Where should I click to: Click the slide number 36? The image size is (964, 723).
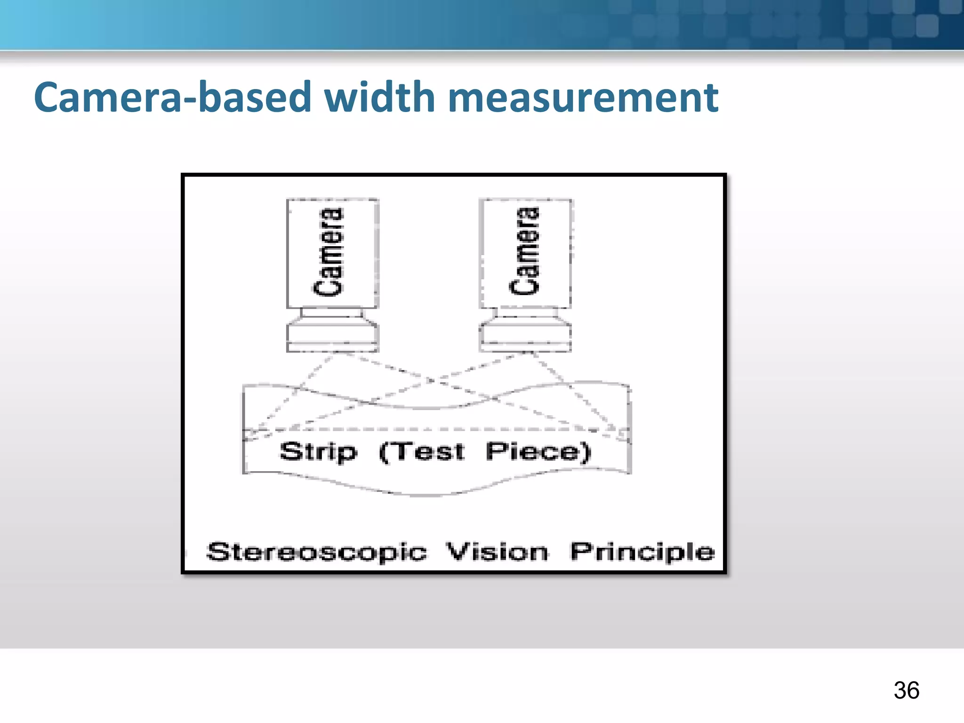[x=906, y=691]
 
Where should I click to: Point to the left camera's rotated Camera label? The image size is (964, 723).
[x=329, y=252]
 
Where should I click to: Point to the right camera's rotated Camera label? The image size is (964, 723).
[x=524, y=251]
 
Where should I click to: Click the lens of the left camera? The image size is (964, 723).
[x=332, y=335]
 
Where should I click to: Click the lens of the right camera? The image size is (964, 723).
[x=525, y=335]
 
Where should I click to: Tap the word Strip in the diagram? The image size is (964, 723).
[x=318, y=452]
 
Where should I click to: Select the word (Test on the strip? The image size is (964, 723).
[x=422, y=452]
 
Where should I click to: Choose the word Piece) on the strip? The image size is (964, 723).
[x=538, y=452]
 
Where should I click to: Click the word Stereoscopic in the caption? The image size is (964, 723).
[x=317, y=552]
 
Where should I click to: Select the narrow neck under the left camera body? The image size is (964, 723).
[x=332, y=313]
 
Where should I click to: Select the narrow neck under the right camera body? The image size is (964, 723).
[x=525, y=313]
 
